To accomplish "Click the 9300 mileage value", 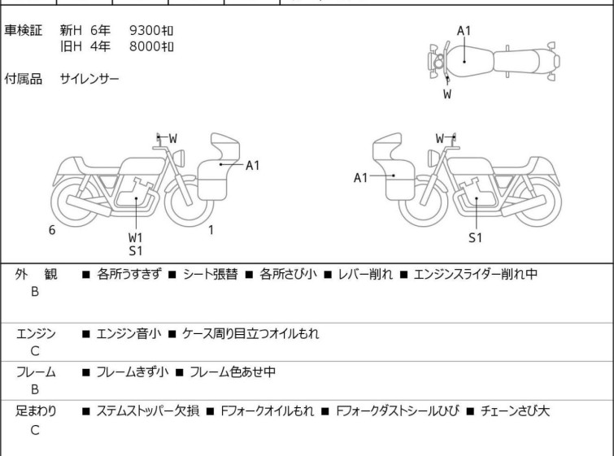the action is [151, 30].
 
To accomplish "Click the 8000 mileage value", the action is [151, 46].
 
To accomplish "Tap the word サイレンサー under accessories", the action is [89, 79].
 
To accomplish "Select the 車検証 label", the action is [23, 30].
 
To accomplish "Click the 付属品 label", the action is [23, 79].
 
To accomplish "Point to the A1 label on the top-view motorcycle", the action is [464, 31].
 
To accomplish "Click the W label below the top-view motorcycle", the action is [447, 94].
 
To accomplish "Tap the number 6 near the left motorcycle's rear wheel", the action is [52, 230].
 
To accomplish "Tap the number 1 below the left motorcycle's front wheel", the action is [211, 230].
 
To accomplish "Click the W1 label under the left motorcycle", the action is [136, 237].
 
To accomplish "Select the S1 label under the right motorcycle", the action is [475, 237].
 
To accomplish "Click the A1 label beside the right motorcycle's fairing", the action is [360, 178].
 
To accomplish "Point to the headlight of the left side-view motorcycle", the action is [179, 158].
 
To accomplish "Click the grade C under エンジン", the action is [35, 351].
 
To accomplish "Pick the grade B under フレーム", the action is [35, 389].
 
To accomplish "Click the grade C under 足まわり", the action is [35, 430].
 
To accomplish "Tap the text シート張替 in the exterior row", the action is [211, 274].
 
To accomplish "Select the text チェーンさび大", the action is [515, 411].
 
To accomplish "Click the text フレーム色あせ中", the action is [233, 371].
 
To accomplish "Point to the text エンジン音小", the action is [128, 333].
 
